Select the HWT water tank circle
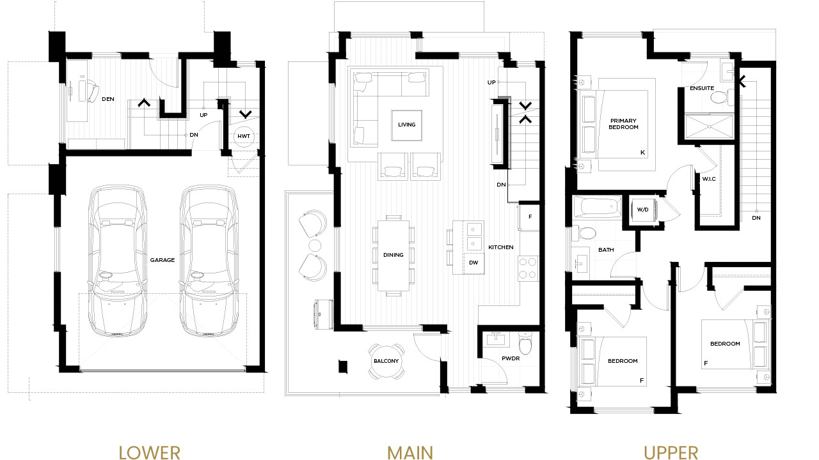[244, 136]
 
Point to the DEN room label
[108, 99]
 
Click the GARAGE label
[163, 260]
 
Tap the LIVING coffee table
[406, 125]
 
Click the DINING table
[394, 255]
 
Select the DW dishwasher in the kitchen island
[473, 263]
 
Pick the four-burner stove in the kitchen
[528, 268]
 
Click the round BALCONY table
[386, 361]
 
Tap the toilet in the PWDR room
[525, 344]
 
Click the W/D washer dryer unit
[643, 210]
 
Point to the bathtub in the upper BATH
[597, 208]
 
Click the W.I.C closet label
[708, 179]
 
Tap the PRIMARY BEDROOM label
[623, 124]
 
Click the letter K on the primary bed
[642, 153]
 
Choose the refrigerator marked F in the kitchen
[529, 217]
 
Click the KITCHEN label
[501, 247]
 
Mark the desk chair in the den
[91, 91]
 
